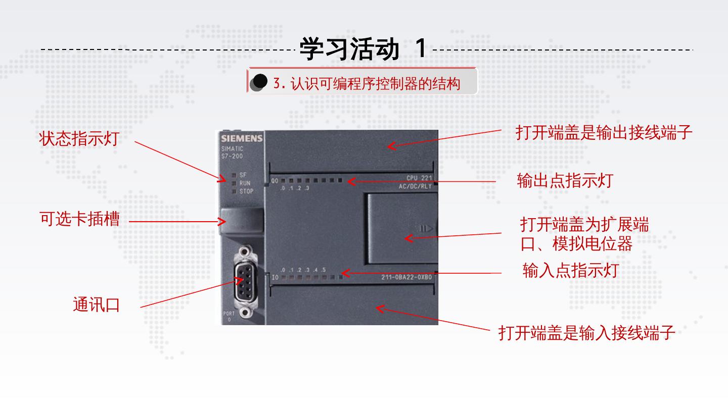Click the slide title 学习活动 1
(363, 48)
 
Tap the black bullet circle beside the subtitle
(260, 82)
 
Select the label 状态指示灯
(79, 139)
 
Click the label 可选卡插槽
(80, 219)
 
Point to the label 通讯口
(96, 305)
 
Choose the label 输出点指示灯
(565, 180)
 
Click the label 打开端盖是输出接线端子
(604, 132)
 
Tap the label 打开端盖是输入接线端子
(586, 333)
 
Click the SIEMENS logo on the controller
(242, 139)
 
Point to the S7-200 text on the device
(232, 156)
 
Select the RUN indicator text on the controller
(245, 183)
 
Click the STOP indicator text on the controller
(246, 191)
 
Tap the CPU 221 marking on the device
(419, 178)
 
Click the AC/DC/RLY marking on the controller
(415, 186)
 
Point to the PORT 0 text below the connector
(229, 317)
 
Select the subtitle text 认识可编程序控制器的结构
(367, 83)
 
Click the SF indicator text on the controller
(243, 175)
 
